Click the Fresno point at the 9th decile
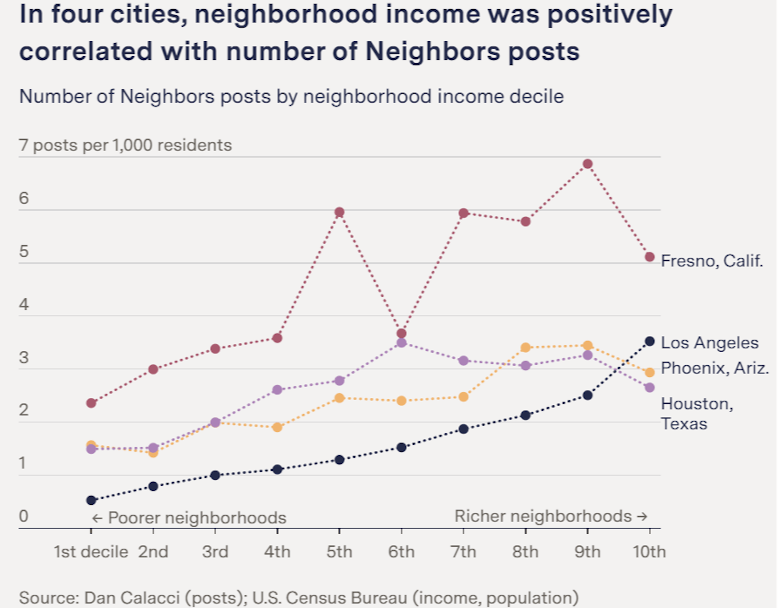click(588, 164)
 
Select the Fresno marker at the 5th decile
click(340, 212)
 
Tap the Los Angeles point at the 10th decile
click(650, 341)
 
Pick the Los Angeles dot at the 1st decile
click(91, 500)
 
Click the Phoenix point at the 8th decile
click(526, 348)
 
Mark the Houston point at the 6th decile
click(402, 343)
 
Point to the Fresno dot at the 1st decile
click(91, 403)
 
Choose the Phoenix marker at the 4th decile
click(277, 427)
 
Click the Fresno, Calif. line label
click(712, 261)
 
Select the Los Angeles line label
click(710, 343)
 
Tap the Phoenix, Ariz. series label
click(715, 368)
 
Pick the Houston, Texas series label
click(697, 414)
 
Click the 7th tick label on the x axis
click(463, 552)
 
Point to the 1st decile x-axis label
click(91, 552)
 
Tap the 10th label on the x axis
click(649, 552)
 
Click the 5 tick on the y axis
click(24, 252)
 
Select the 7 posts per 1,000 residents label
click(125, 145)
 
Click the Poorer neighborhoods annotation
click(189, 518)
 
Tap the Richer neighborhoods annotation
click(550, 516)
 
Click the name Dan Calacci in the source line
click(132, 598)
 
